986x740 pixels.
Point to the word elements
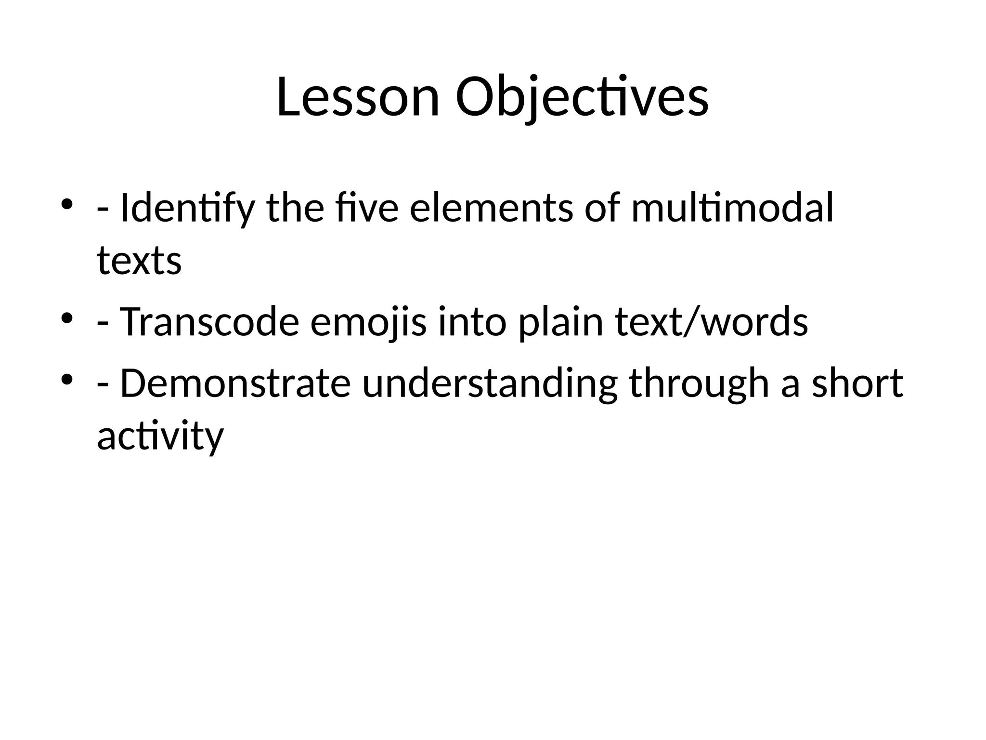pyautogui.click(x=491, y=208)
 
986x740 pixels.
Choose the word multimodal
pyautogui.click(x=732, y=208)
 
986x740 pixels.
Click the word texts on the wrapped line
pyautogui.click(x=139, y=261)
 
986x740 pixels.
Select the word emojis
pyautogui.click(x=368, y=322)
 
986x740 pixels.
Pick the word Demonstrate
pyautogui.click(x=235, y=383)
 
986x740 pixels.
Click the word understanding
pyautogui.click(x=490, y=383)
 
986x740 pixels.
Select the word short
pyautogui.click(x=857, y=383)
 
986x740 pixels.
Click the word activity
pyautogui.click(x=160, y=436)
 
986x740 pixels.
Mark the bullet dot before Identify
pyautogui.click(x=67, y=203)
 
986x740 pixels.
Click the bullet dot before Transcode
pyautogui.click(x=67, y=318)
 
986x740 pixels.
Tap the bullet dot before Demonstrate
pyautogui.click(x=67, y=379)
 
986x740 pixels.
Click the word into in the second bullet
pyautogui.click(x=472, y=322)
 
